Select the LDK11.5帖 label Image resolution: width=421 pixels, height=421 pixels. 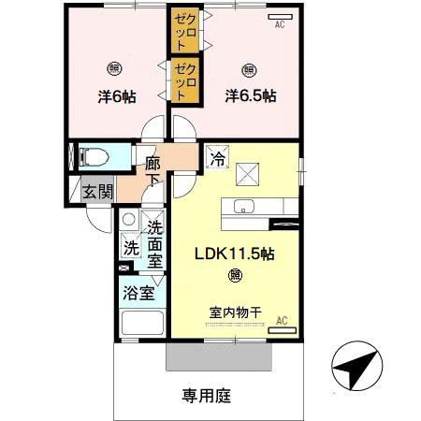[233, 254]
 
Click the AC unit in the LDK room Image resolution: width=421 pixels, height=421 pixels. [280, 328]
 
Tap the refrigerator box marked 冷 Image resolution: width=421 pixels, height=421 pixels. [216, 157]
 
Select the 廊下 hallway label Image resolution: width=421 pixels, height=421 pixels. [153, 168]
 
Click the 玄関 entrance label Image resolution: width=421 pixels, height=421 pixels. [96, 192]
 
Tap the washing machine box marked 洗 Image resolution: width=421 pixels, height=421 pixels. [130, 250]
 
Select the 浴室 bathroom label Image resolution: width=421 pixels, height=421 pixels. [138, 292]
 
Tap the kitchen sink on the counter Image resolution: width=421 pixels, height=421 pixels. [246, 208]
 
